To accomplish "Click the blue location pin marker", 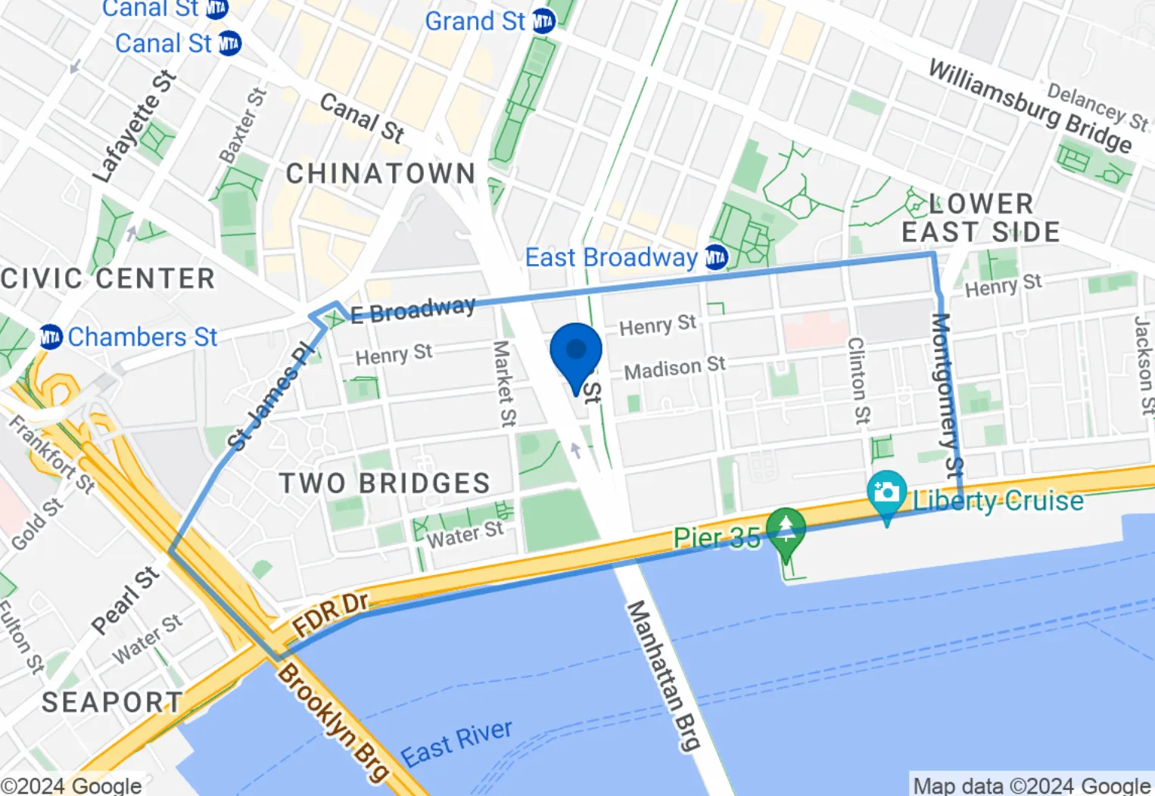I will (576, 353).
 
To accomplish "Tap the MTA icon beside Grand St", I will (543, 21).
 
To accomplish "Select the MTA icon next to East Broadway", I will (716, 258).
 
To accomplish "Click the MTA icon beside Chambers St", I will (51, 337).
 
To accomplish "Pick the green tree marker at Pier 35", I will (786, 528).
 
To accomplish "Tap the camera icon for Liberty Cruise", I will (886, 493).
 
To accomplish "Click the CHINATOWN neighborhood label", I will (381, 174).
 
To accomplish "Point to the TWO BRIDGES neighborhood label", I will (384, 484).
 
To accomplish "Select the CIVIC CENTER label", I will (107, 278).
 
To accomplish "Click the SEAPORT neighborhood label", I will (112, 702).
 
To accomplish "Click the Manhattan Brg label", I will (663, 676).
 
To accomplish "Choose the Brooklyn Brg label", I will (333, 721).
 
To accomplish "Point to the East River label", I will (456, 743).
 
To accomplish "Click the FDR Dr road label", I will (331, 614).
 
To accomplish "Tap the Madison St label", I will (674, 368).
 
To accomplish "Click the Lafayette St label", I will (134, 127).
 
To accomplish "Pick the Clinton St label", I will (858, 380).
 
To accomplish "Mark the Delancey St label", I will (1097, 107).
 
